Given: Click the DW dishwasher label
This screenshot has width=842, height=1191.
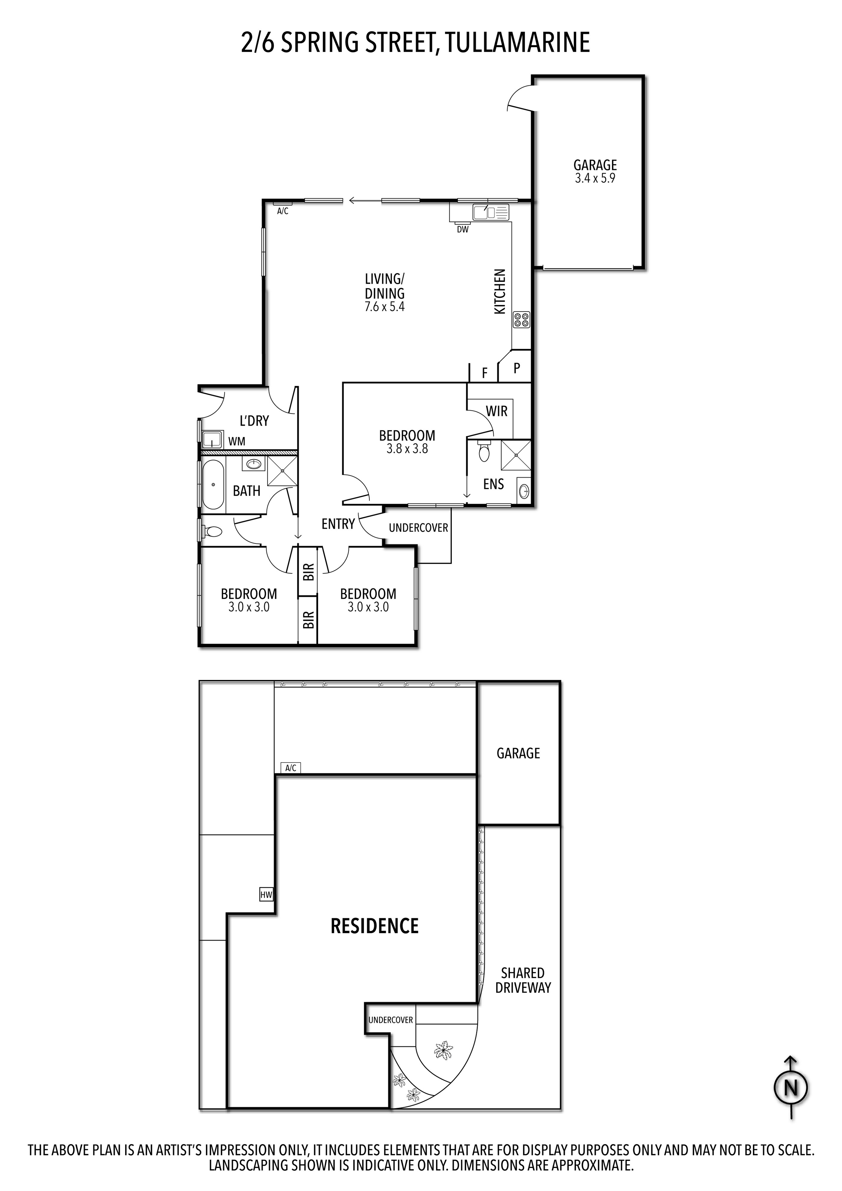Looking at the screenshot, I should pyautogui.click(x=462, y=229).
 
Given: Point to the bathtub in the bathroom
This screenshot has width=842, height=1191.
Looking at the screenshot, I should pyautogui.click(x=213, y=485).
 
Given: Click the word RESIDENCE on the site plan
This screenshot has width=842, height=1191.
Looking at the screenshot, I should pyautogui.click(x=375, y=926).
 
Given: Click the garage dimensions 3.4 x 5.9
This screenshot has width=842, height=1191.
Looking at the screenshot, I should pyautogui.click(x=595, y=178).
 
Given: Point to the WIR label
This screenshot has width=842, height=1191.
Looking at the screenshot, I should pyautogui.click(x=497, y=411).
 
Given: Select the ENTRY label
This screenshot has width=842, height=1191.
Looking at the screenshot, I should pyautogui.click(x=338, y=524).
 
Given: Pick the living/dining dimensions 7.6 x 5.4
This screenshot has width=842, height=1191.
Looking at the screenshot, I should pyautogui.click(x=385, y=307).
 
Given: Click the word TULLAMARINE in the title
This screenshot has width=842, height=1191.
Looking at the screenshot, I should pyautogui.click(x=517, y=43).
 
